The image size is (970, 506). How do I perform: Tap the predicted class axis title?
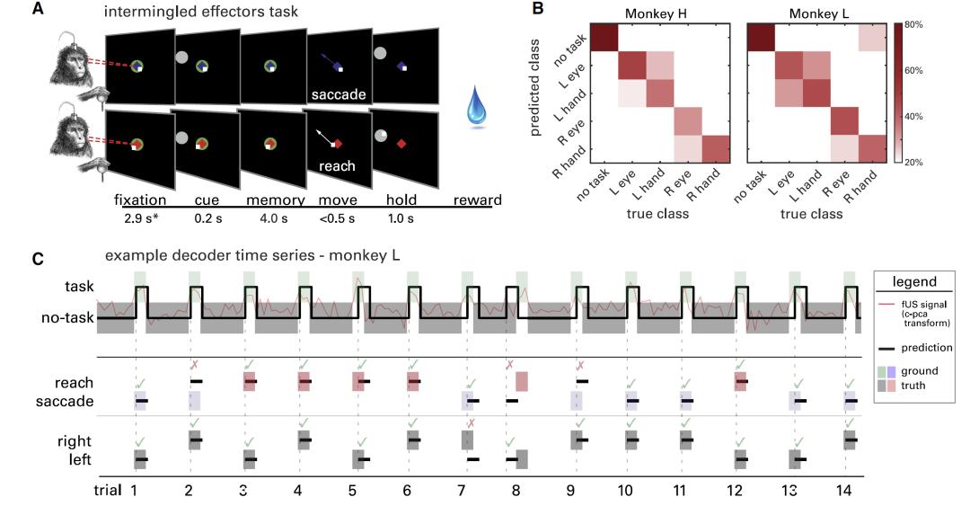point(536,93)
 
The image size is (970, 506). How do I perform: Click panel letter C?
point(38,259)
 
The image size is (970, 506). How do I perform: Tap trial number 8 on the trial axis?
point(516,490)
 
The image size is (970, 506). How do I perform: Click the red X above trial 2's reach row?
point(193,365)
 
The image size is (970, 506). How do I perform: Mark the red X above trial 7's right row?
point(470,423)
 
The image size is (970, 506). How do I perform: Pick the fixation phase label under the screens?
point(141,199)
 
